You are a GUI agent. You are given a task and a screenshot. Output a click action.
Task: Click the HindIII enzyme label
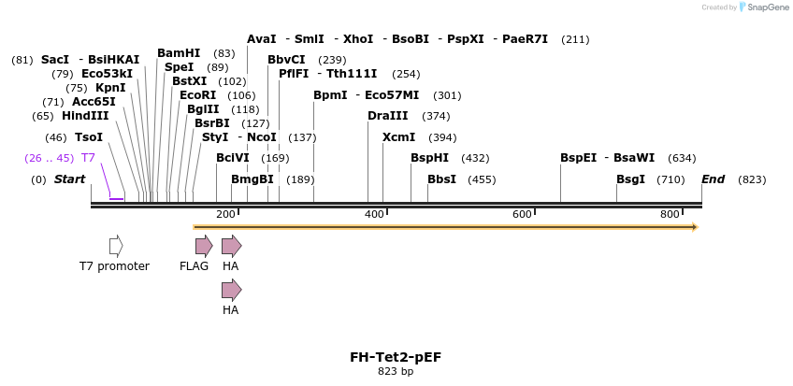(85, 116)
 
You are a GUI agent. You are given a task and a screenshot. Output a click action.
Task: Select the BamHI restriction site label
(179, 53)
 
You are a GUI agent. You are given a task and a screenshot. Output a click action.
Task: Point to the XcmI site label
(399, 137)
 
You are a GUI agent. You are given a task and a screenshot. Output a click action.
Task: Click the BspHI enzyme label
(430, 158)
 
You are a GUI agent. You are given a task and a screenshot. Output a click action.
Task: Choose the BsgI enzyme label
(630, 179)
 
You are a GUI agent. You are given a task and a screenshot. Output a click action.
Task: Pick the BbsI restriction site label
(441, 179)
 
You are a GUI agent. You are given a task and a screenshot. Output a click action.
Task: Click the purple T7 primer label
(88, 158)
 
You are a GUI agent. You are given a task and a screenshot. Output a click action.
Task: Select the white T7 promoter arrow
(116, 246)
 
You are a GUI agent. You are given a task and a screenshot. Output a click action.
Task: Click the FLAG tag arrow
(203, 246)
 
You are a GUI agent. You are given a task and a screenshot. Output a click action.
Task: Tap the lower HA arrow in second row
(231, 290)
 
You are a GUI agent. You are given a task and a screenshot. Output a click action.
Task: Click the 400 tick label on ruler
(374, 215)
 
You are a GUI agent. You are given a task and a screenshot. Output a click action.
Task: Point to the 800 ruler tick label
(670, 215)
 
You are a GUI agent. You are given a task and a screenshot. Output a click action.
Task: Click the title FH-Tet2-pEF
(395, 357)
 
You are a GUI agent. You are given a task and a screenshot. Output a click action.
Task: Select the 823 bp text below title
(395, 371)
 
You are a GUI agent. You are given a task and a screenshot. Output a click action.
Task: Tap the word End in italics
(713, 179)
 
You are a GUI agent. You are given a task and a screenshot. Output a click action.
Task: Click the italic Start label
(69, 179)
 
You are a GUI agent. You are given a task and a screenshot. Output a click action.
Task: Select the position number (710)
(670, 179)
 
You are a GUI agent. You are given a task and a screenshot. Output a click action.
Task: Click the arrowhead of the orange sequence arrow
(695, 227)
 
